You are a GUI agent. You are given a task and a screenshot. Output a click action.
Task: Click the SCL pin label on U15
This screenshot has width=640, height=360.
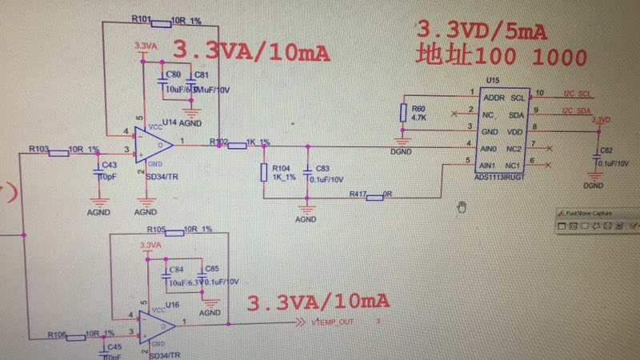518,96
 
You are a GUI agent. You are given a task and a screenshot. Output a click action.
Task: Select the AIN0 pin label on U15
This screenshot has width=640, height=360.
489,150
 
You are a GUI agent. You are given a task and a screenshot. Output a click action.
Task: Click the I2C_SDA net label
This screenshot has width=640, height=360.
575,110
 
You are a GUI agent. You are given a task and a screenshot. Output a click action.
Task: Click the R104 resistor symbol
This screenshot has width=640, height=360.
263,173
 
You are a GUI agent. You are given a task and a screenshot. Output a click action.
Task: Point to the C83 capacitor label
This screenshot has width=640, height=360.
322,169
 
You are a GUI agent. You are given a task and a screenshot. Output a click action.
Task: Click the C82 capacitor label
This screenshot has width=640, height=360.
606,151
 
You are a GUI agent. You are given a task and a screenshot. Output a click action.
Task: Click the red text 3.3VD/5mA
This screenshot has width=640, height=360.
481,31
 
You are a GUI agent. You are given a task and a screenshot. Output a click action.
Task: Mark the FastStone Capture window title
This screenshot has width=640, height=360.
593,214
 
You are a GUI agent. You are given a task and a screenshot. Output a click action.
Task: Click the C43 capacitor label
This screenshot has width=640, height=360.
110,165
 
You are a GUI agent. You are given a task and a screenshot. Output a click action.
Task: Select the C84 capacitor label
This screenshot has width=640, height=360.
176,269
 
